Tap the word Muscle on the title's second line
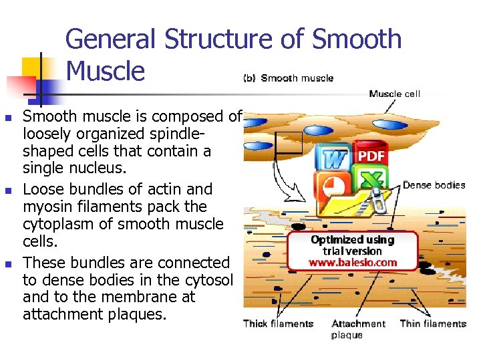coord(106,70)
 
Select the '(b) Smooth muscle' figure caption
coord(287,78)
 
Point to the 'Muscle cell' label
coord(394,94)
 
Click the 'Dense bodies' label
coord(434,185)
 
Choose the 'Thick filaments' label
coord(278,324)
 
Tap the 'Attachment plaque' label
coord(358,329)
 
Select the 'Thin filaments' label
coord(433,324)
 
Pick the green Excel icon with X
coord(371,180)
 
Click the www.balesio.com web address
coord(353,263)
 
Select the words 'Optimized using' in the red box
coord(353,240)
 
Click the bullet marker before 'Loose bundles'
coord(8,190)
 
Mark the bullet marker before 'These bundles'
coord(8,263)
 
